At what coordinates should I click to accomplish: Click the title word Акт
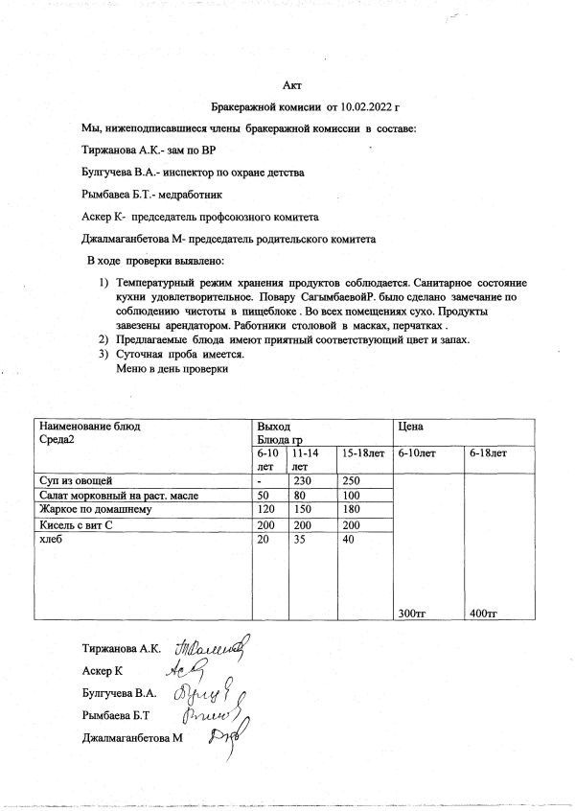click(293, 87)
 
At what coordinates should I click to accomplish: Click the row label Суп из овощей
click(76, 478)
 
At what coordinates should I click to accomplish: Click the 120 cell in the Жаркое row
click(266, 509)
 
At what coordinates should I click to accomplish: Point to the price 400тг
click(483, 612)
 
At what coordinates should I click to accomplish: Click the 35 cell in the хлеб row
click(300, 540)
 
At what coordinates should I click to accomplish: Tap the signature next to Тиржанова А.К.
click(211, 648)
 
